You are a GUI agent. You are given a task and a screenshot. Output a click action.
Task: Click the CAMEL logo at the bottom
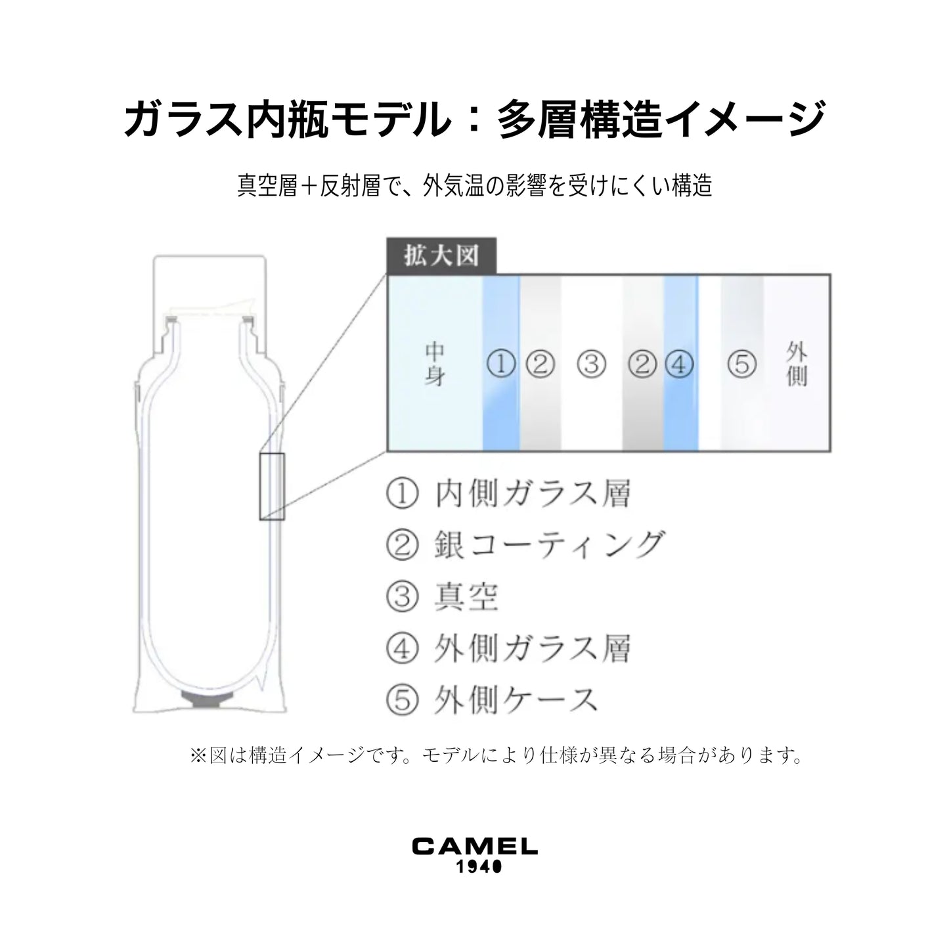click(474, 846)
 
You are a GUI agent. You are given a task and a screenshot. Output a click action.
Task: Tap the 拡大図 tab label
click(441, 256)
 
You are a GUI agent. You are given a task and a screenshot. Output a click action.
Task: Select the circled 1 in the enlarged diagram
click(501, 364)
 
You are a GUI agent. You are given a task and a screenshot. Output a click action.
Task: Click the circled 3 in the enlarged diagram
click(591, 364)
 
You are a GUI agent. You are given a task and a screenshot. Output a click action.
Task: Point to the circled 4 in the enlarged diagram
click(679, 364)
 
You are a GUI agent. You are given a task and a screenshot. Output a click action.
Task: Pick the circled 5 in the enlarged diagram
click(742, 364)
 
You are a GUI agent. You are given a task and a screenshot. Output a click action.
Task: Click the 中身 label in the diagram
click(434, 364)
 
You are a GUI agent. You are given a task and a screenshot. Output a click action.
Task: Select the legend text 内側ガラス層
click(533, 494)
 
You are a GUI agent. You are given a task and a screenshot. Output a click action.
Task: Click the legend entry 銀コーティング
click(549, 545)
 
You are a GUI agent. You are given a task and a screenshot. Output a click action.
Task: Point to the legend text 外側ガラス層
click(533, 649)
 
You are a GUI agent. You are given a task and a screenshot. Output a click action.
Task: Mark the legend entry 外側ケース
click(516, 700)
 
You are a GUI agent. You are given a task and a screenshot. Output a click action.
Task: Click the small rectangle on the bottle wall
click(271, 487)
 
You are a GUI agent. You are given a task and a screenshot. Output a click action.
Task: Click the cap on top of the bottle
click(210, 282)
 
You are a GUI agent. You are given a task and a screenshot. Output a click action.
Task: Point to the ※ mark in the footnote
click(198, 756)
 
